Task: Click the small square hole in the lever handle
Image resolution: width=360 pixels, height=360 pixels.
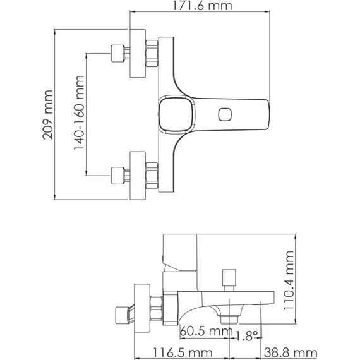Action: click(x=224, y=114)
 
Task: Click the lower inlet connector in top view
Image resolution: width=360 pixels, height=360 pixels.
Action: click(x=118, y=174)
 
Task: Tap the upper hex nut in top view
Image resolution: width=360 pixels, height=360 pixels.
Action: click(x=153, y=54)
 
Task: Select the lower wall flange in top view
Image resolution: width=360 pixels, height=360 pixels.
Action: click(x=138, y=175)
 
